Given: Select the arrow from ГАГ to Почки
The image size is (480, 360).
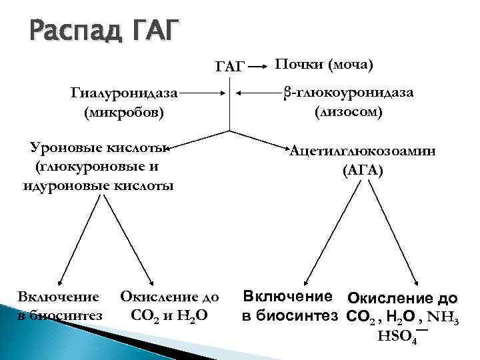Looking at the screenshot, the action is click(x=259, y=67).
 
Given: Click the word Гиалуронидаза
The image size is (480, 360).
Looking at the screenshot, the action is click(x=126, y=95).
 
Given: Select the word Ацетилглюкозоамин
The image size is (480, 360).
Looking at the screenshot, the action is click(x=363, y=151).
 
